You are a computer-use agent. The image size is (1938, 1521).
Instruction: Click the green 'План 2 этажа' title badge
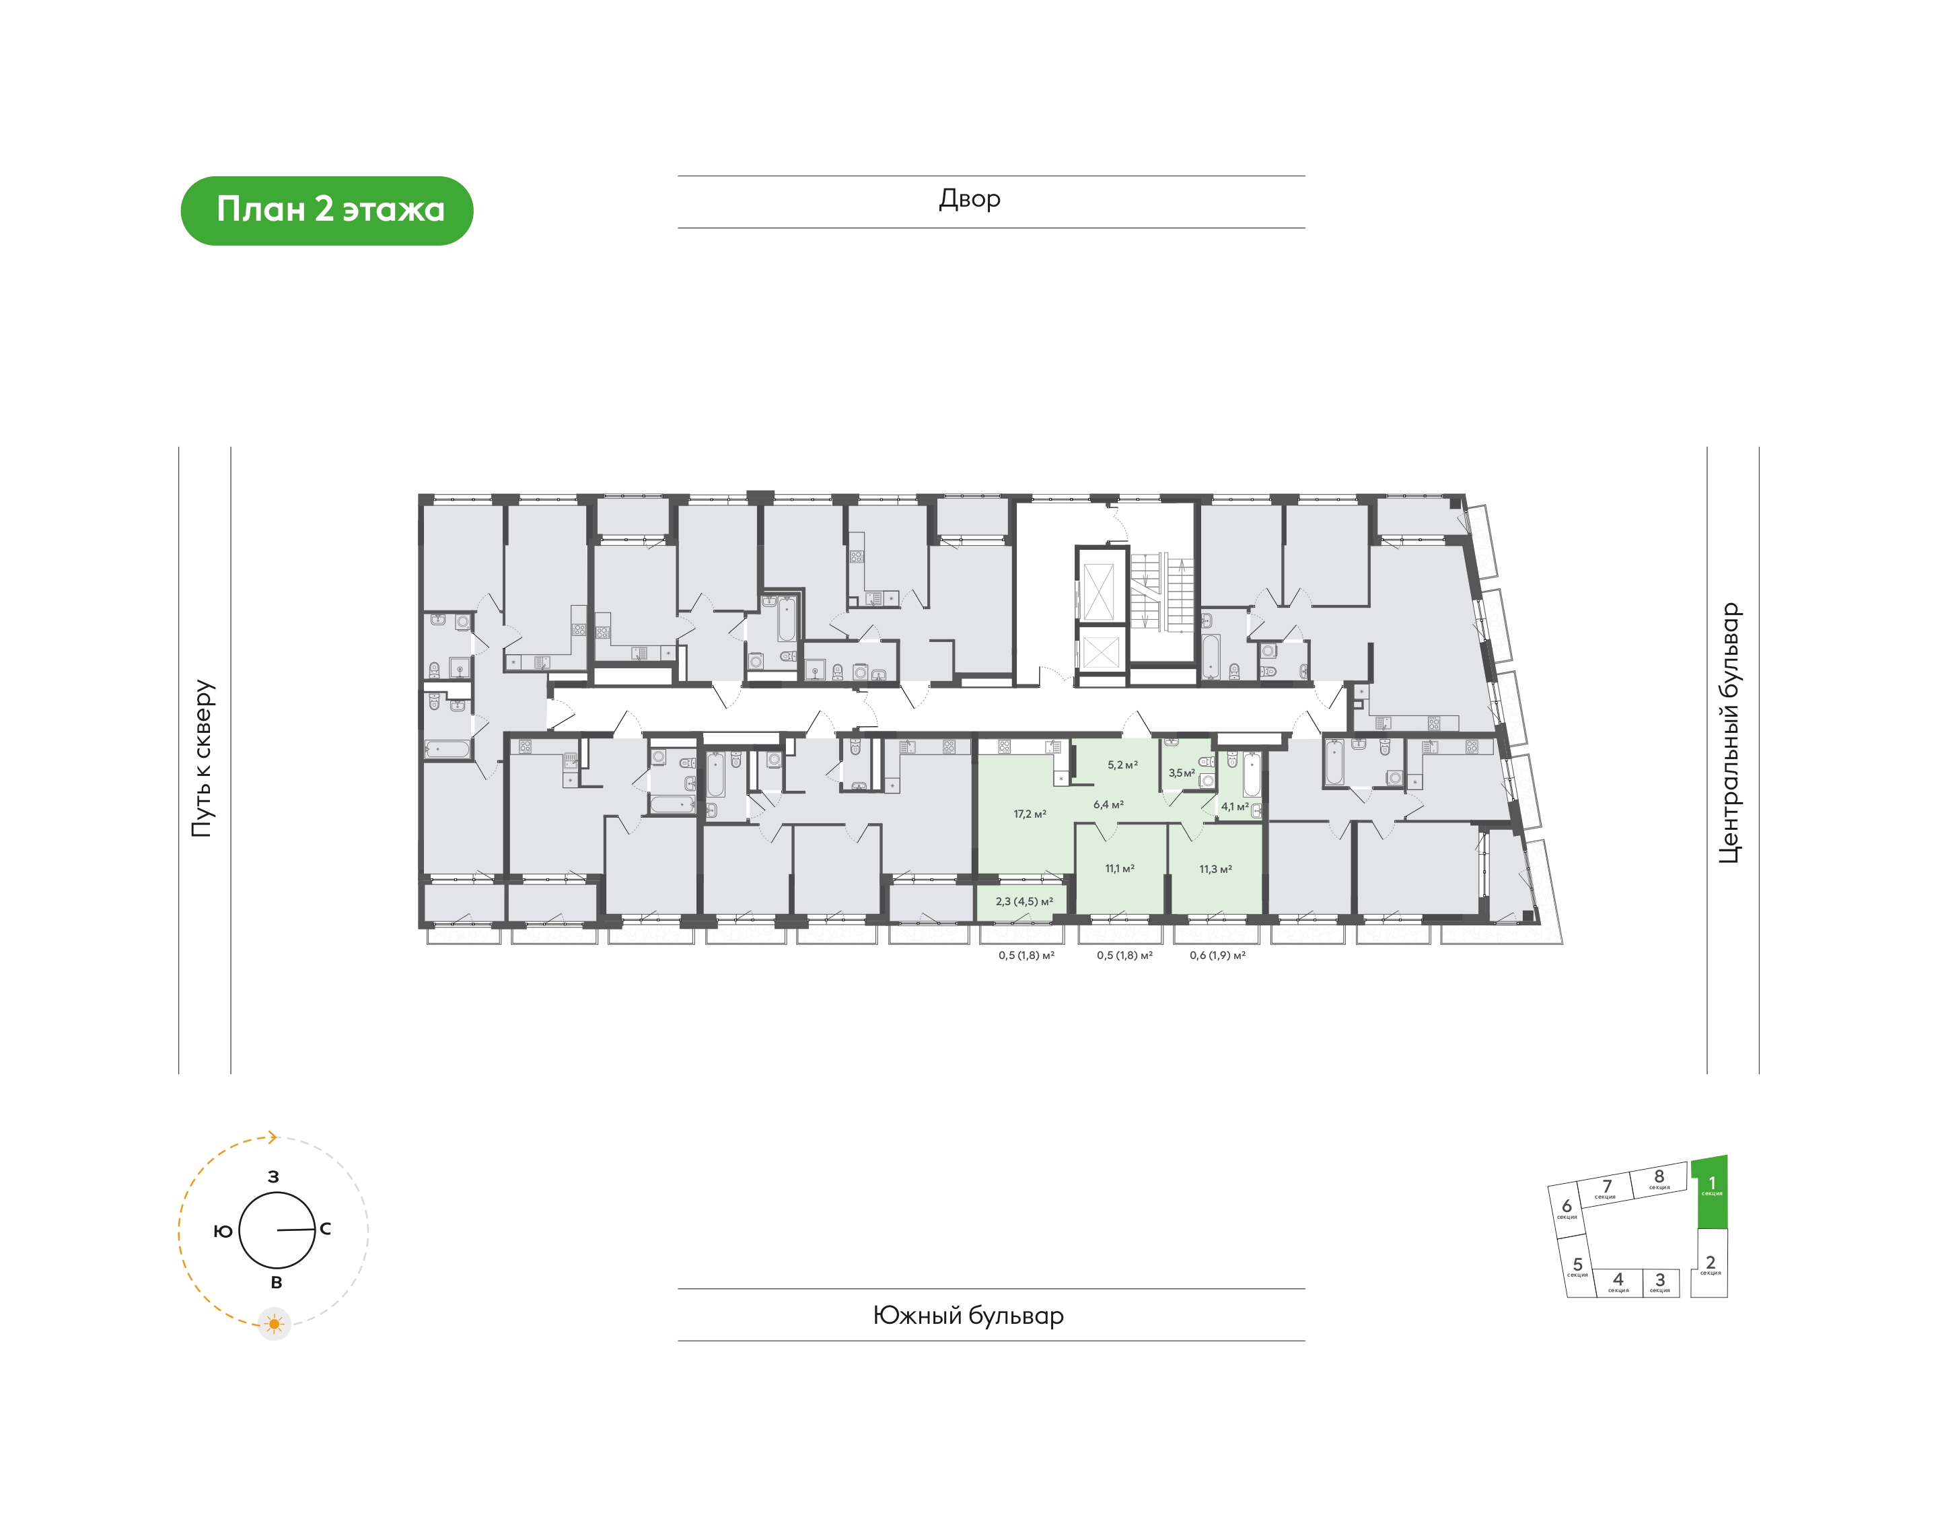click(327, 210)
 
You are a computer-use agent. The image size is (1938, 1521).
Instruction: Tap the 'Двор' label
click(970, 199)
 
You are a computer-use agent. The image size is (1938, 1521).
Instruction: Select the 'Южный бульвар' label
click(968, 1315)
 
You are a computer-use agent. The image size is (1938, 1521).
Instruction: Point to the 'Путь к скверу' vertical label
click(203, 758)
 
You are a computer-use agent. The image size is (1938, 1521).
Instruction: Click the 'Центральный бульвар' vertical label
click(1729, 733)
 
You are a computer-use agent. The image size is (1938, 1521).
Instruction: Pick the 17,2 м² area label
click(1030, 814)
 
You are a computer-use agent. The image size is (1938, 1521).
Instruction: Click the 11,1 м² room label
click(1120, 868)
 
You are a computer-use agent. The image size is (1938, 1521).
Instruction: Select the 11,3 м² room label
click(1215, 869)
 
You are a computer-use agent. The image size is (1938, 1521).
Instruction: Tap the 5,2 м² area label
click(1122, 765)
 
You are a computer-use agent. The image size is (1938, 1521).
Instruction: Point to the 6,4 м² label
click(1108, 804)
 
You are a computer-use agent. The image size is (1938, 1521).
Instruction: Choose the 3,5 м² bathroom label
click(1182, 773)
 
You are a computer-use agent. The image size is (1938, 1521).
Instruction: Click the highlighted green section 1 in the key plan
click(1710, 1193)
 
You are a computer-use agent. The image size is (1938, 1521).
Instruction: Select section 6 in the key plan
click(1567, 1209)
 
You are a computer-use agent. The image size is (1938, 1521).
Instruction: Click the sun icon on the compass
click(274, 1324)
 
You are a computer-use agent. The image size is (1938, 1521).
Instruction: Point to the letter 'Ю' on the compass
click(223, 1231)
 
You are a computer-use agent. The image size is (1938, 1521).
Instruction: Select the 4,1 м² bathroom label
click(1235, 807)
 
